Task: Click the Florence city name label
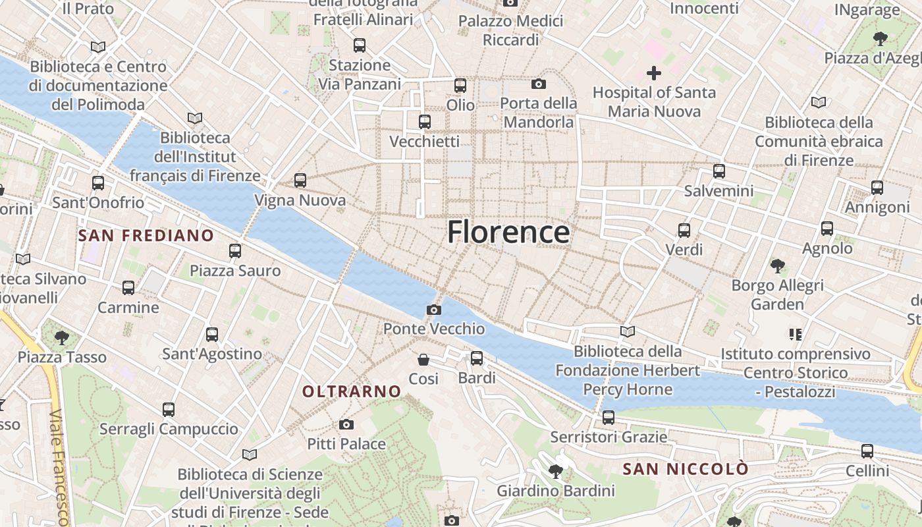508,233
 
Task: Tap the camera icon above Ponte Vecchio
433,310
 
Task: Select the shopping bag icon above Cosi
423,360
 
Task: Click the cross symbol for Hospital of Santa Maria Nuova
653,72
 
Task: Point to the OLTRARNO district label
352,391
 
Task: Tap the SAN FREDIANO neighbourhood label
146,235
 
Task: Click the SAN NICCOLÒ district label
686,469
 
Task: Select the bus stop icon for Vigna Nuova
300,180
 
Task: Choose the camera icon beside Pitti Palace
346,425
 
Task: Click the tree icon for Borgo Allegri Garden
778,266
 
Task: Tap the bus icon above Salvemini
719,171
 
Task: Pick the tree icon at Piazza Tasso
62,338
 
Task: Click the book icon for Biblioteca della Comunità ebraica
819,103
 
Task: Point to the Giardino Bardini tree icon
556,471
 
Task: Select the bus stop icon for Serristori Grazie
609,418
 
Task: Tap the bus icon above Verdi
684,231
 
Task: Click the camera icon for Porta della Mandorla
539,84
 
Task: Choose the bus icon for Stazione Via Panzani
360,45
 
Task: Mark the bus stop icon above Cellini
867,451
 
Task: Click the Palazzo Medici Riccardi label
511,30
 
